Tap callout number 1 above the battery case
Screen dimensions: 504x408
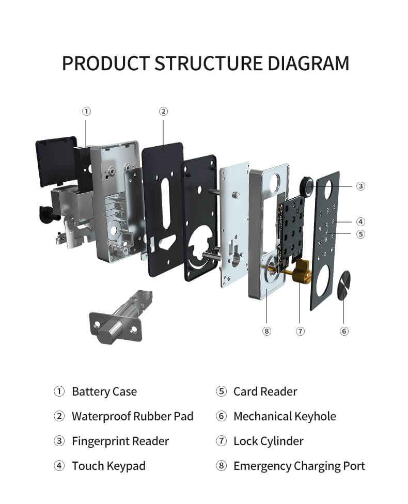[x=87, y=111]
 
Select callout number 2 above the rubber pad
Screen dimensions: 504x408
[x=163, y=111]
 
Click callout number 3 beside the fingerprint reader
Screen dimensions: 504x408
[x=360, y=186]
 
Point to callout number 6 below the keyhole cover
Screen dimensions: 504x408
[x=344, y=331]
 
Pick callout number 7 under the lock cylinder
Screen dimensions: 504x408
[x=300, y=331]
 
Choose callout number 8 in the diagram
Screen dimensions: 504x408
[x=266, y=331]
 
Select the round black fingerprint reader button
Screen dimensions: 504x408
[x=307, y=186]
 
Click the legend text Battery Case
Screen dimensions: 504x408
[x=104, y=391]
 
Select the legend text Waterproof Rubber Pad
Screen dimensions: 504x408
[x=132, y=416]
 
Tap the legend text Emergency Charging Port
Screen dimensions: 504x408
[x=299, y=466]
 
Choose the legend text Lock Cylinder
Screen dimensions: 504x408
[x=268, y=441]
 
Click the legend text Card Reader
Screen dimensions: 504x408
[x=265, y=391]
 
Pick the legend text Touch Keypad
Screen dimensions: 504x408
[x=108, y=466]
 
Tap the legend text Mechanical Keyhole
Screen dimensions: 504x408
[x=285, y=416]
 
